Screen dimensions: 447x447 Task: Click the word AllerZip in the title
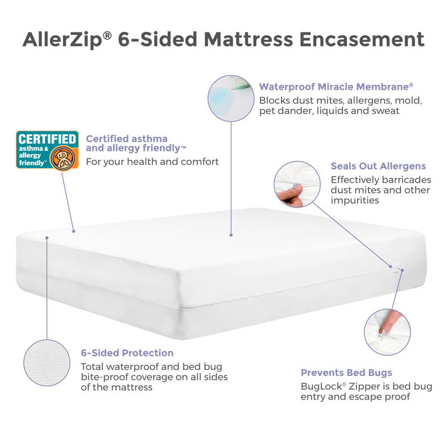tap(63, 40)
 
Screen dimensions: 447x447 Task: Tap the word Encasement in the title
tap(362, 39)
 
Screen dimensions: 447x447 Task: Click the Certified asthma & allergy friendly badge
tap(47, 150)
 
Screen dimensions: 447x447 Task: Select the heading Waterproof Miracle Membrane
tap(336, 87)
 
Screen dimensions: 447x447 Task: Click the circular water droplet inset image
tap(231, 98)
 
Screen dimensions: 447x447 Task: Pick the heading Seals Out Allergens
tap(378, 166)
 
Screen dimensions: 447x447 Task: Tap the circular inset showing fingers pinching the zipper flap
tap(297, 184)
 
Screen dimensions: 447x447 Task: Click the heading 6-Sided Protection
tap(127, 353)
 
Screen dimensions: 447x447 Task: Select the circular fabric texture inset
tap(47, 363)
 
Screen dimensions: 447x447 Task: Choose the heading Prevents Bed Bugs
tap(346, 373)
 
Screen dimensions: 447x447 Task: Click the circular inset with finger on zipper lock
tap(387, 332)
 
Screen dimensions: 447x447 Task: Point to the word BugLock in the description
tap(322, 387)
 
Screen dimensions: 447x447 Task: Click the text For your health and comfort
tap(152, 161)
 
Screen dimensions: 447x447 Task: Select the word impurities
tap(355, 201)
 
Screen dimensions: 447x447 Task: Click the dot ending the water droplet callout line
tap(231, 235)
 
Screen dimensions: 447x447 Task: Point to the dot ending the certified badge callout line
tap(74, 231)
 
